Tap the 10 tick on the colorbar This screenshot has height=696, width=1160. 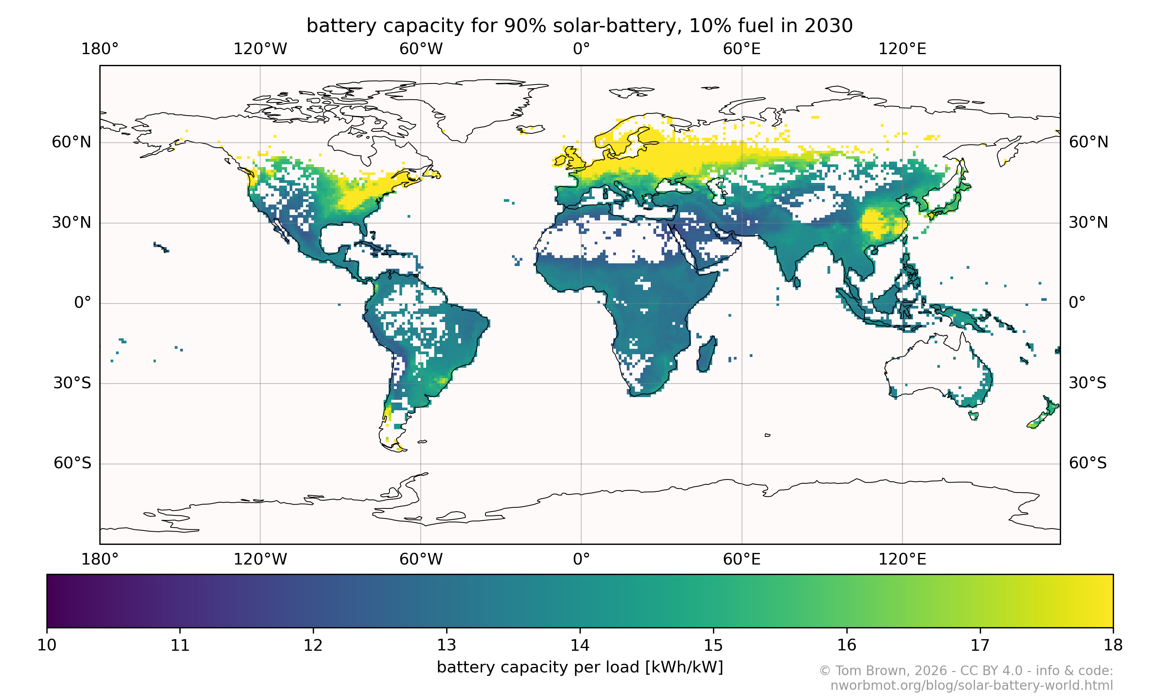[47, 645]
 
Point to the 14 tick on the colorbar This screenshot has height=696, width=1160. [580, 645]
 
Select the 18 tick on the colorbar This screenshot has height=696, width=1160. [1113, 645]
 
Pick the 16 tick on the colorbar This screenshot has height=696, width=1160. [847, 645]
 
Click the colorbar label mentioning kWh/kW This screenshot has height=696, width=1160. [580, 667]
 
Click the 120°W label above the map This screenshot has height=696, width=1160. [260, 49]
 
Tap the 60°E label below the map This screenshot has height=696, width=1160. [742, 559]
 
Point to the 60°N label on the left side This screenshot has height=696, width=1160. [71, 142]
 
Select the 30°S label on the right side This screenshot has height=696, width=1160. [1087, 383]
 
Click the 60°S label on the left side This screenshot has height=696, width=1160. [72, 463]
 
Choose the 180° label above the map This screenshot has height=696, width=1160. [100, 49]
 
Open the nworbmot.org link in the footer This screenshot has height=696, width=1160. [972, 685]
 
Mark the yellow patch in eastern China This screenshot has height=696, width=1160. [877, 224]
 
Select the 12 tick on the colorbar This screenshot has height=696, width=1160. [313, 645]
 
